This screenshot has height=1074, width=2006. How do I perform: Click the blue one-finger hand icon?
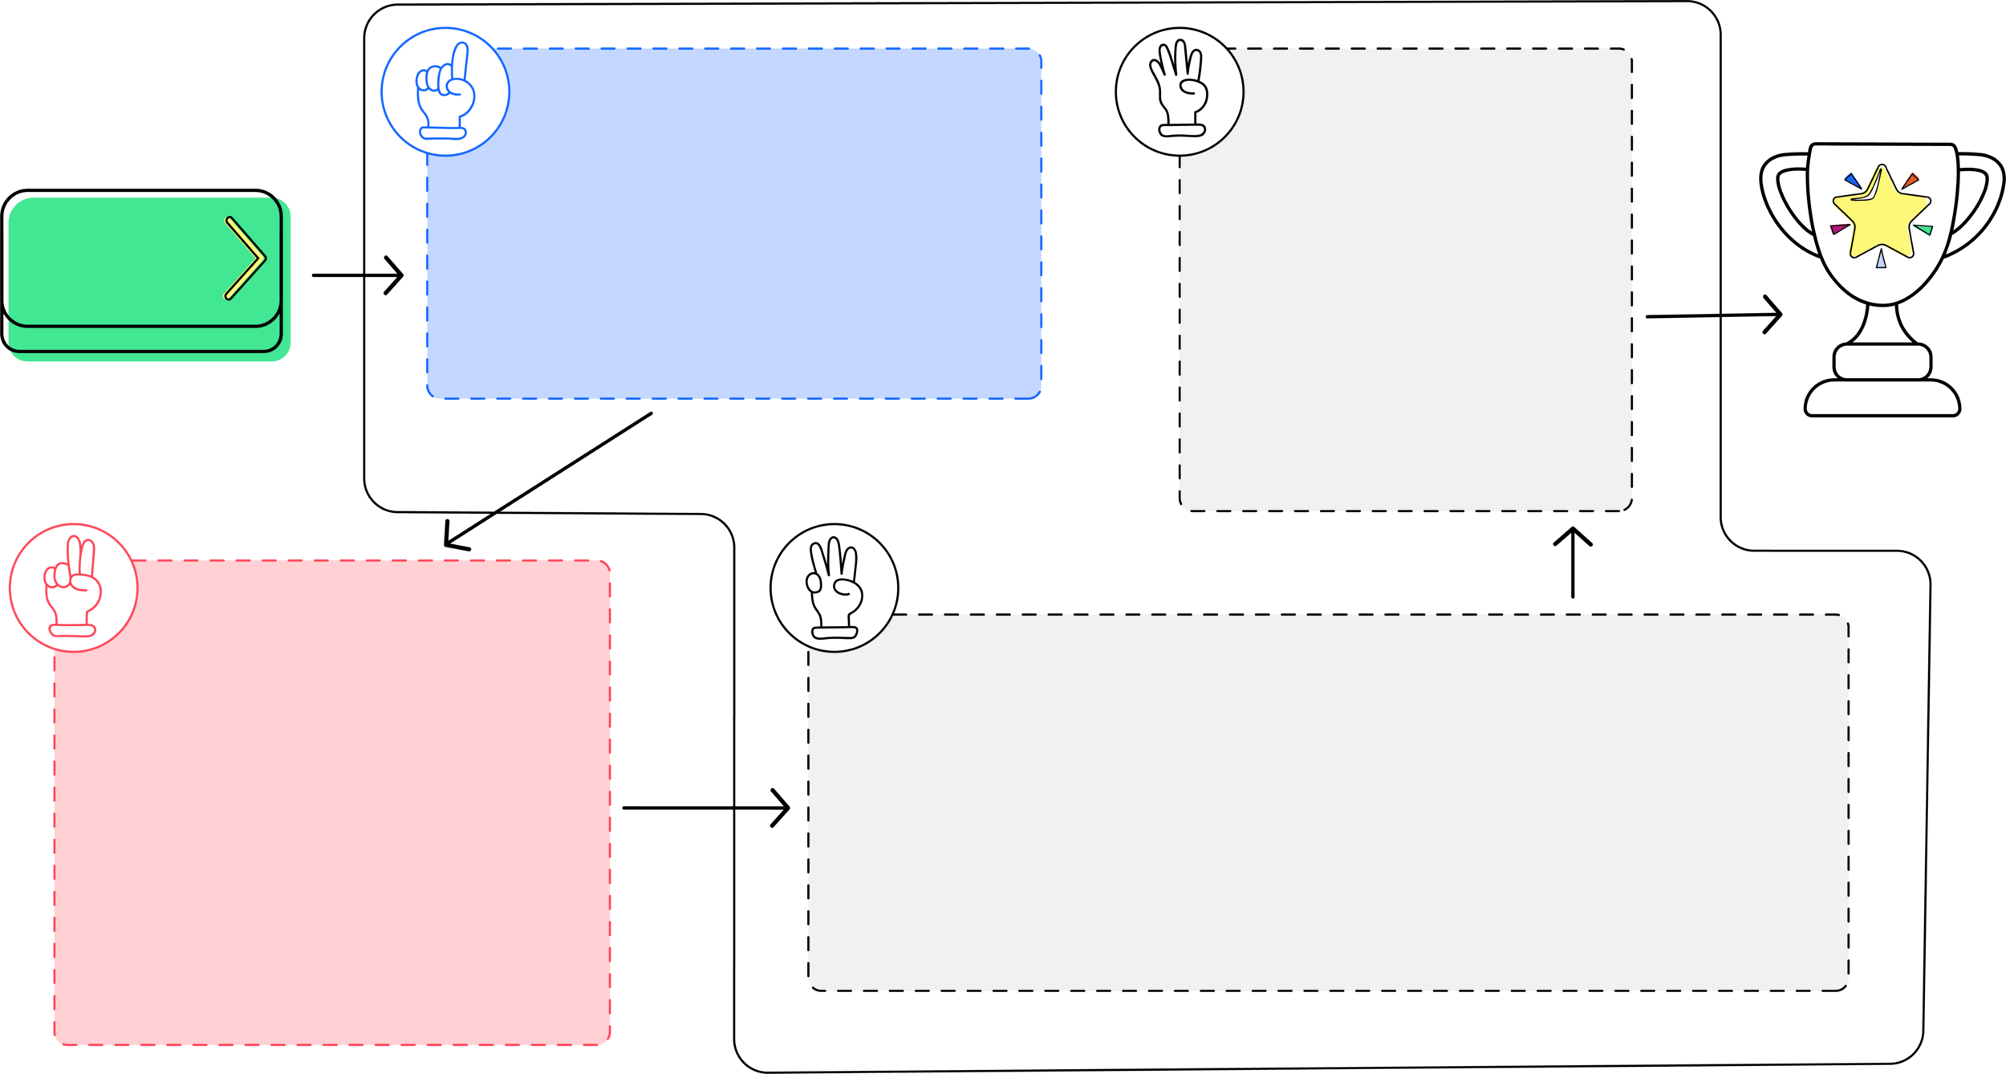pos(445,92)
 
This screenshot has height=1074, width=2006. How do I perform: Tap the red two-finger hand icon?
pos(73,588)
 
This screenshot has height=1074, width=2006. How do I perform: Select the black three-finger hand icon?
pos(834,588)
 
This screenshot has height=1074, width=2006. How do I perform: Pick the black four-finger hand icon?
pos(1180,91)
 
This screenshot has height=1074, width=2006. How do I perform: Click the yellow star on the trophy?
pos(1880,213)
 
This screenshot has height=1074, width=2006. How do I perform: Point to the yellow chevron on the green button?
pos(245,258)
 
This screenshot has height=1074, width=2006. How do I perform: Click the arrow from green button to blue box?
pos(358,275)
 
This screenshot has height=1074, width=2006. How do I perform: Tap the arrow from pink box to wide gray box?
pos(705,808)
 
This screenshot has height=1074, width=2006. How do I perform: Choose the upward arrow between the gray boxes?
pos(1573,562)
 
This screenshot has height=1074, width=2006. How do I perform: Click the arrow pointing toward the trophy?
pos(1714,315)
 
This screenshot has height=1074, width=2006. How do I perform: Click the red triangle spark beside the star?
pos(1911,180)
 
